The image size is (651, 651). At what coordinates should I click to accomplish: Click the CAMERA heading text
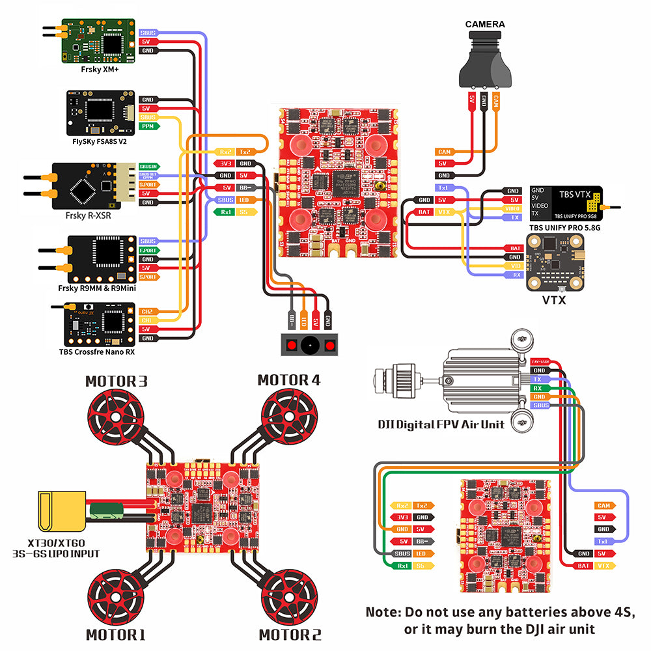485,25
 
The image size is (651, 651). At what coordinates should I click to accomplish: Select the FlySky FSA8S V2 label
100,141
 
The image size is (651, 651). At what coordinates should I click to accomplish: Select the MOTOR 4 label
289,380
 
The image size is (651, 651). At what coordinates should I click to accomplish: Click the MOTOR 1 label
115,634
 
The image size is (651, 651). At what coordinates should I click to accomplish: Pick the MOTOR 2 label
290,634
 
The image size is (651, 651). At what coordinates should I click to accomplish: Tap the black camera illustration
485,62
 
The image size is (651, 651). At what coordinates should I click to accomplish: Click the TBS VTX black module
566,202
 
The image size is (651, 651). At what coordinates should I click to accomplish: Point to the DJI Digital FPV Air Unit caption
441,424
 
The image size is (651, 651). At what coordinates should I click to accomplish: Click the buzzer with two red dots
310,345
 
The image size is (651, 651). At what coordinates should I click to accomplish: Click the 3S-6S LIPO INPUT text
56,554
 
